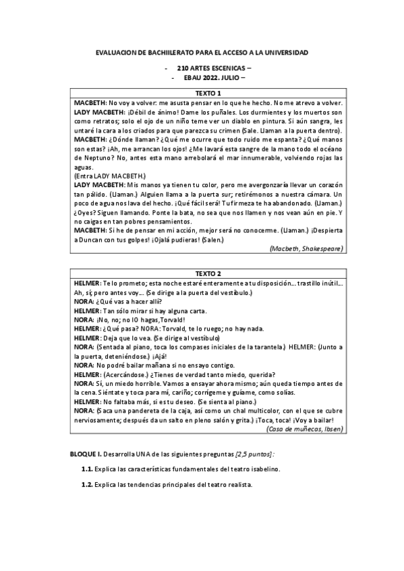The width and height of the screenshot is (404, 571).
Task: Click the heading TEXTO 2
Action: tap(208, 274)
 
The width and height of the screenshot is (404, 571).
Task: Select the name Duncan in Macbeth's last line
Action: tap(93, 240)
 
